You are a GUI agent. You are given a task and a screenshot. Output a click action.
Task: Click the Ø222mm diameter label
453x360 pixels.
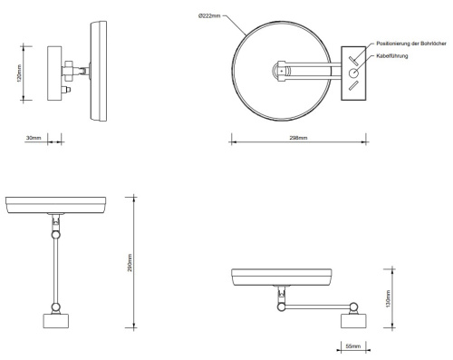pos(207,16)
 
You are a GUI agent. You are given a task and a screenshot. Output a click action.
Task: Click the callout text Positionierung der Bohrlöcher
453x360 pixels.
pos(409,43)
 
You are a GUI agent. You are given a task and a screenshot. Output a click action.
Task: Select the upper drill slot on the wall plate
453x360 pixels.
pos(354,57)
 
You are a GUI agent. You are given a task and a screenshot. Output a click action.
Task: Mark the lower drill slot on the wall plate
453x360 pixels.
pos(353,88)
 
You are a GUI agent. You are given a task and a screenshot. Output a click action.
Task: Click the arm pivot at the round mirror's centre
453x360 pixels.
pos(282,70)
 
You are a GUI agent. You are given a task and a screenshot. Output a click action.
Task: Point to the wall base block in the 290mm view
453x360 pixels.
pos(58,322)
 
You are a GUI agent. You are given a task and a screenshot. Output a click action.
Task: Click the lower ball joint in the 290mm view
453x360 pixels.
pos(58,235)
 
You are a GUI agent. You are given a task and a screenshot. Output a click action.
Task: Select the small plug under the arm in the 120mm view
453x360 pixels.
pos(68,91)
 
